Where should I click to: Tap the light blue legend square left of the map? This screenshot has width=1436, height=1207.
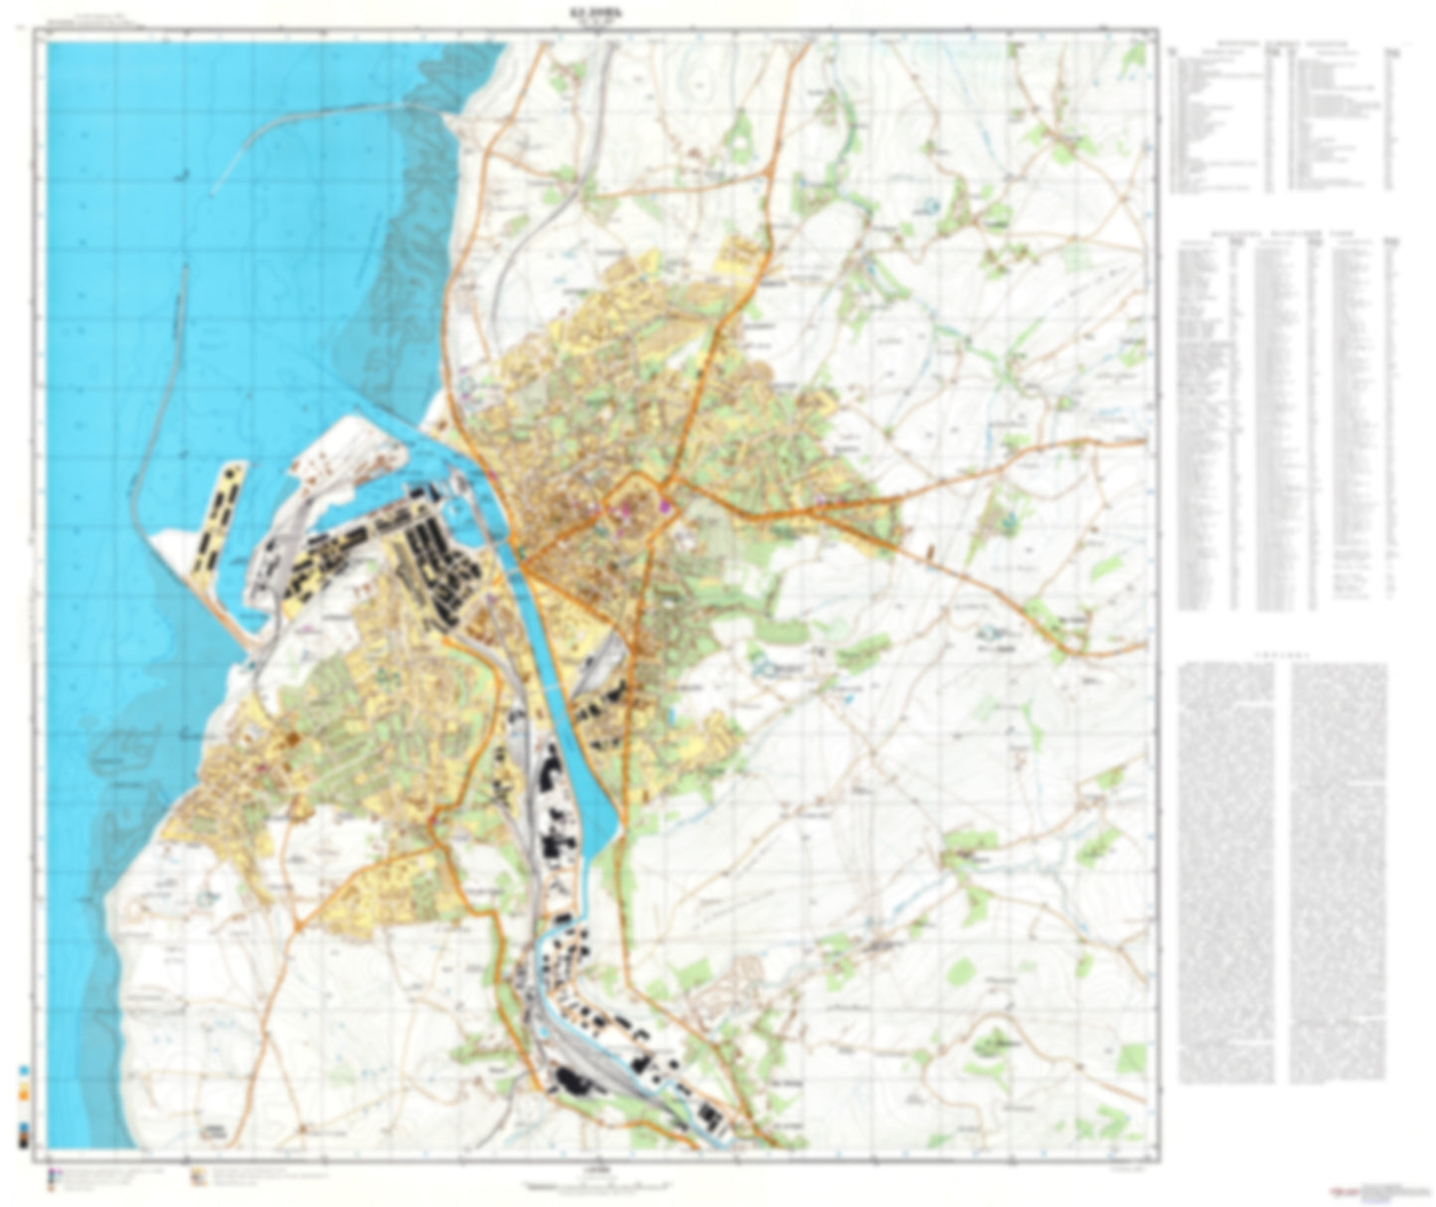click(24, 1073)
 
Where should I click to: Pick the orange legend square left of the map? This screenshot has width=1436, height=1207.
click(24, 1095)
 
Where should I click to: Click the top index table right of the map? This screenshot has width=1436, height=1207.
click(1282, 119)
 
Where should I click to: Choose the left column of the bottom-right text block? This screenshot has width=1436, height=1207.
click(1227, 870)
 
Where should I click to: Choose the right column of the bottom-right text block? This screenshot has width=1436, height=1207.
click(1339, 870)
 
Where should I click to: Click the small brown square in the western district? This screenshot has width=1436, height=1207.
click(293, 739)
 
